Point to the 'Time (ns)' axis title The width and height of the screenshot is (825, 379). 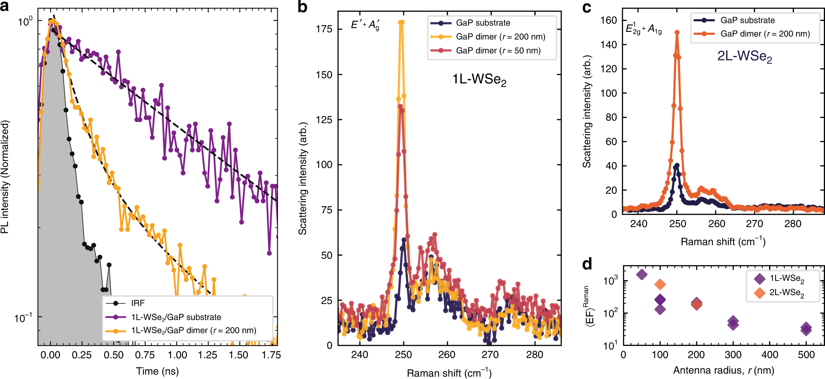tap(157, 371)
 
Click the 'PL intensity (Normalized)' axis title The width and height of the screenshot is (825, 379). tap(5, 177)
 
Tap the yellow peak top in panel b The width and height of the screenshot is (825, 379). tap(402, 22)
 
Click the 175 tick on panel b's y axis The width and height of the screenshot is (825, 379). tap(324, 29)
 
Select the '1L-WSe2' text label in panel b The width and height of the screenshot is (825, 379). tap(479, 79)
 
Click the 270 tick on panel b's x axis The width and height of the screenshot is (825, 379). tap(490, 355)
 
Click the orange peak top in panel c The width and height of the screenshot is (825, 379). tap(677, 32)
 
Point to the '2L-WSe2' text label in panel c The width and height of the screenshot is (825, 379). tap(744, 56)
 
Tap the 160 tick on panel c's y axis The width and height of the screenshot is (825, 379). tap(609, 20)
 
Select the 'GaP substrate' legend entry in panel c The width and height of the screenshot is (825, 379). tap(747, 20)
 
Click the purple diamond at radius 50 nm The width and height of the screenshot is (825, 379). tap(642, 274)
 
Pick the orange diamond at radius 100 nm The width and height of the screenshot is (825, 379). tap(660, 284)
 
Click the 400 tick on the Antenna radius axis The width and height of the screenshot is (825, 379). tap(769, 355)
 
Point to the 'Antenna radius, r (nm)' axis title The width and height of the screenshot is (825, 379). tap(723, 370)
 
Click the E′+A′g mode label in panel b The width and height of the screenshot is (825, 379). tap(365, 25)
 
